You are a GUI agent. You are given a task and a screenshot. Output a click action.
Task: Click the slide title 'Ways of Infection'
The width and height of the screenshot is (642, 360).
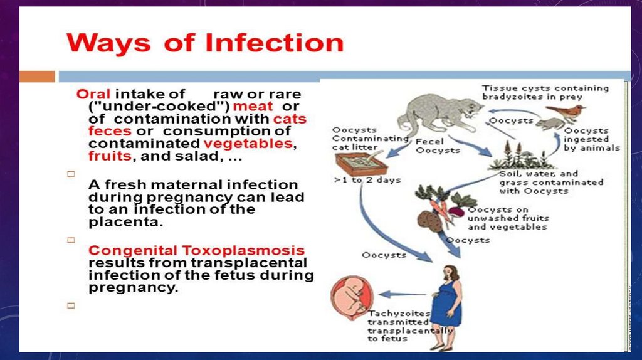tap(205, 43)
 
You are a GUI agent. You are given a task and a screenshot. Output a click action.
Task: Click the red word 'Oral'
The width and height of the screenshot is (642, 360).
tap(93, 94)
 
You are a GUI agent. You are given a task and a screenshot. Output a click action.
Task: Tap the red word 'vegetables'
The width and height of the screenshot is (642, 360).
tap(248, 144)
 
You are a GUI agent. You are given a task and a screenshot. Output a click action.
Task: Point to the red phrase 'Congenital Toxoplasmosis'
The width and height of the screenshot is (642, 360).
tap(196, 250)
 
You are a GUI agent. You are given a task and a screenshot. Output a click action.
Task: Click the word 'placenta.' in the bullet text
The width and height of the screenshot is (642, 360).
tap(117, 222)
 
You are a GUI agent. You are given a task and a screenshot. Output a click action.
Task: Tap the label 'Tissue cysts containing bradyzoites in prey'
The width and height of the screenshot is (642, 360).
tap(544, 92)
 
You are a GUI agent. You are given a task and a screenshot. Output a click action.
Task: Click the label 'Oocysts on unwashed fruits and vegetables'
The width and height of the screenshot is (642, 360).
tap(507, 218)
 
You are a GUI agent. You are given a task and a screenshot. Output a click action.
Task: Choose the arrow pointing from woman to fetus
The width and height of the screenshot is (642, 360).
tap(402, 294)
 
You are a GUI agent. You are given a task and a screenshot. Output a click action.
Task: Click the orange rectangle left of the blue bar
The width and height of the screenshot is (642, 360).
tap(37, 77)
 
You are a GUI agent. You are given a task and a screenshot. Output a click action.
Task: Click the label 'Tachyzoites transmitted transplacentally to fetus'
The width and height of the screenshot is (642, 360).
tap(408, 326)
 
